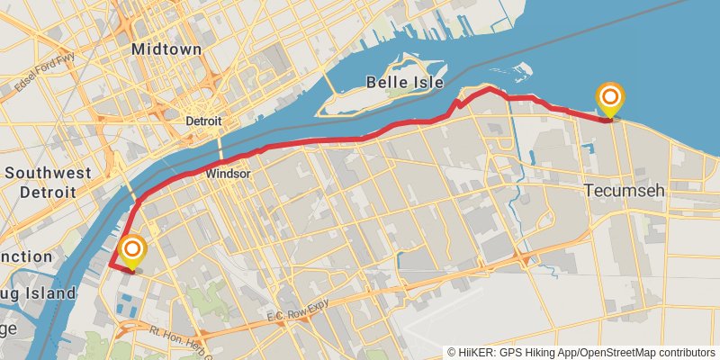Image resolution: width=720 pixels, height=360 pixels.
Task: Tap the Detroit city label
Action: [203, 121]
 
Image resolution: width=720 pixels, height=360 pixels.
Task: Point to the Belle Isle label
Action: [405, 83]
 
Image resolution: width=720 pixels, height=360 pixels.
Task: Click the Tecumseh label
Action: [624, 191]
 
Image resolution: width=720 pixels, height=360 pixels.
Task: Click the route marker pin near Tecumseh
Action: [610, 98]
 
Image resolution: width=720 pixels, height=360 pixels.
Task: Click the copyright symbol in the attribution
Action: [451, 353]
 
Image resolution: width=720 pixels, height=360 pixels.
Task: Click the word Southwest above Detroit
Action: [49, 172]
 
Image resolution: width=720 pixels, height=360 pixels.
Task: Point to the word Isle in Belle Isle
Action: [427, 83]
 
